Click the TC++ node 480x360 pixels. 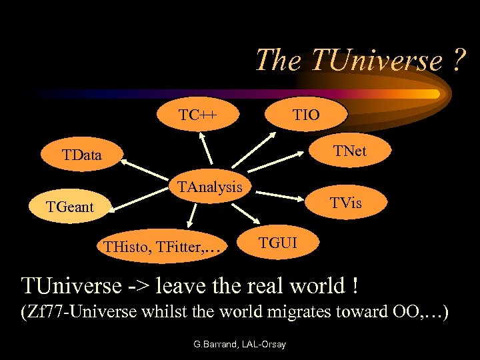click(x=197, y=115)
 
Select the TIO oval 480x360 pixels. click(x=307, y=115)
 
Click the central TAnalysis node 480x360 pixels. click(x=209, y=187)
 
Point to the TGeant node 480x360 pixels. click(x=70, y=207)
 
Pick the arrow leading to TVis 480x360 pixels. click(x=280, y=196)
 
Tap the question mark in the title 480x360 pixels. click(x=457, y=60)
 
